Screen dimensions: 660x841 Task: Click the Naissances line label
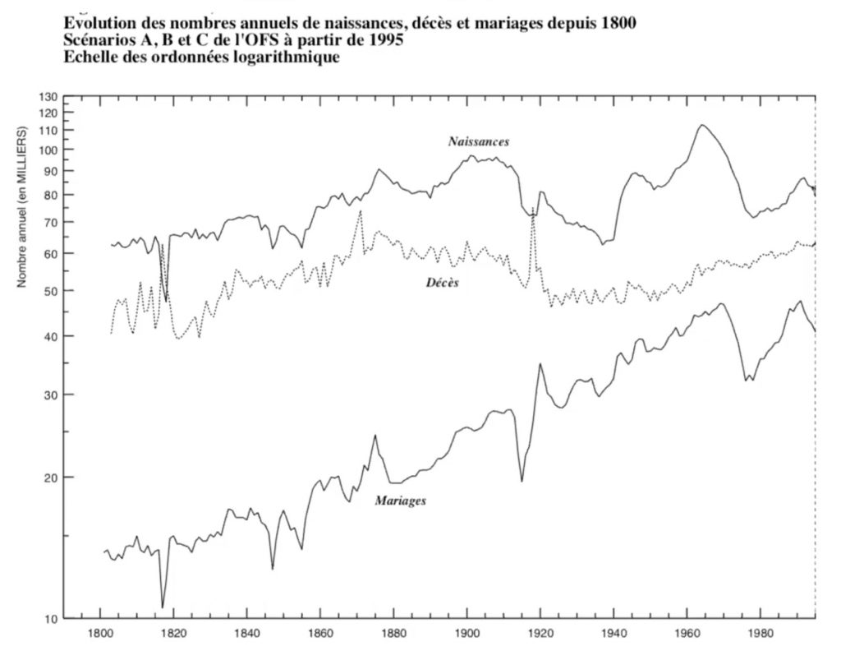coord(478,141)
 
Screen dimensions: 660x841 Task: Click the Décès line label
coord(442,283)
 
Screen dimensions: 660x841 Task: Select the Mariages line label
coord(400,500)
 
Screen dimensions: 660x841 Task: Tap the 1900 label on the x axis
coord(466,635)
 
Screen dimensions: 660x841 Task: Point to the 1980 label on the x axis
coord(760,635)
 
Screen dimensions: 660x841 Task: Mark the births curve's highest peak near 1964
coord(702,125)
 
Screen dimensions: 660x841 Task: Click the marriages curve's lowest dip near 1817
coord(163,607)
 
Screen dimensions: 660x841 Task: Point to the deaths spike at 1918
coord(532,212)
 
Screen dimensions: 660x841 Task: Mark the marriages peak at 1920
coord(540,363)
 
